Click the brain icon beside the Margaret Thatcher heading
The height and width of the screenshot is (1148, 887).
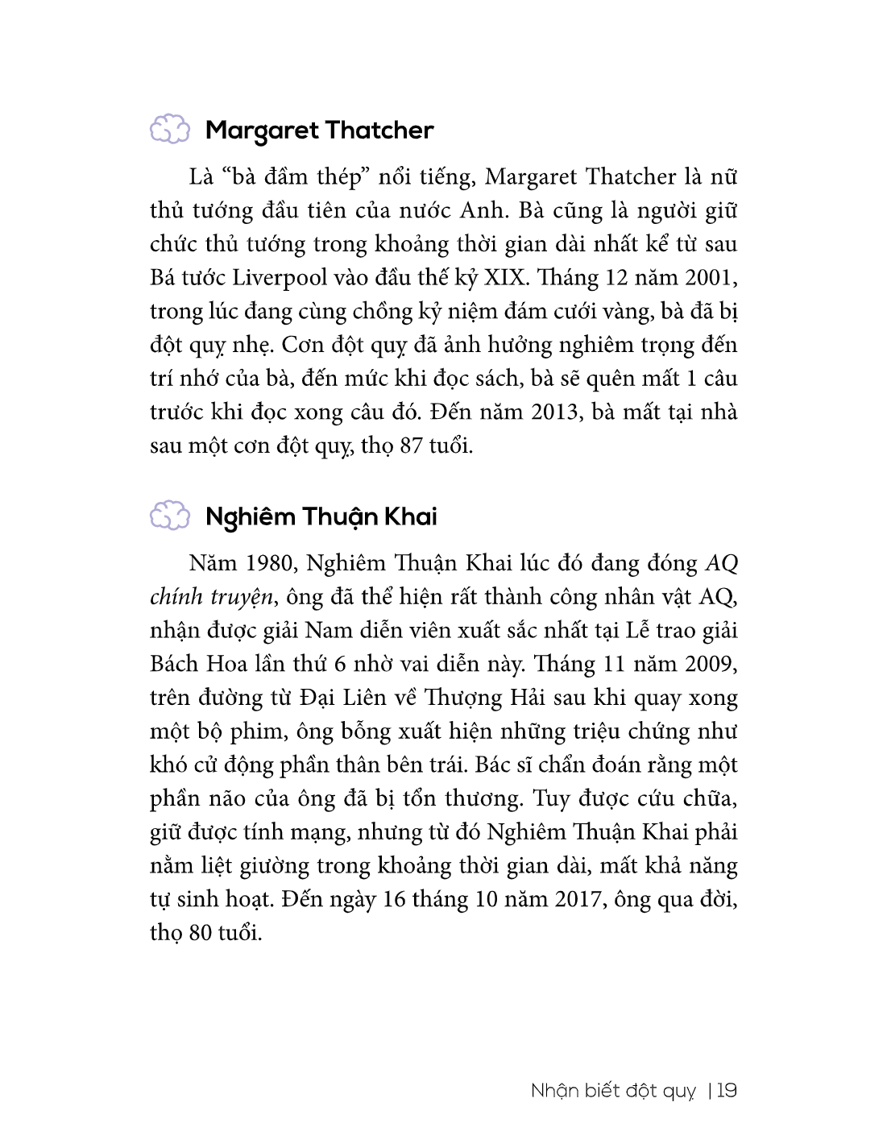point(169,130)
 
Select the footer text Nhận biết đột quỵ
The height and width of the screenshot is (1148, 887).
point(613,1092)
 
